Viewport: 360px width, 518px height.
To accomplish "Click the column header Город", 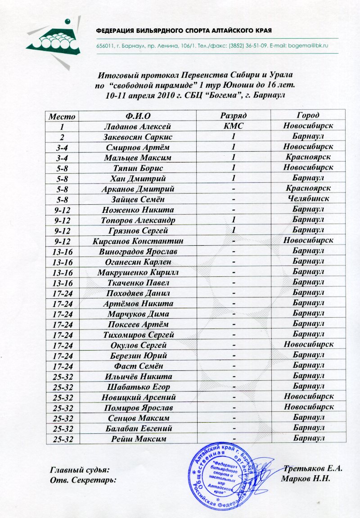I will click(308, 116).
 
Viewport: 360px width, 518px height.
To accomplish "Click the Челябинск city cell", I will click(308, 199).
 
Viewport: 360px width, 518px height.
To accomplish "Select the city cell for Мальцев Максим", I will click(308, 158).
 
